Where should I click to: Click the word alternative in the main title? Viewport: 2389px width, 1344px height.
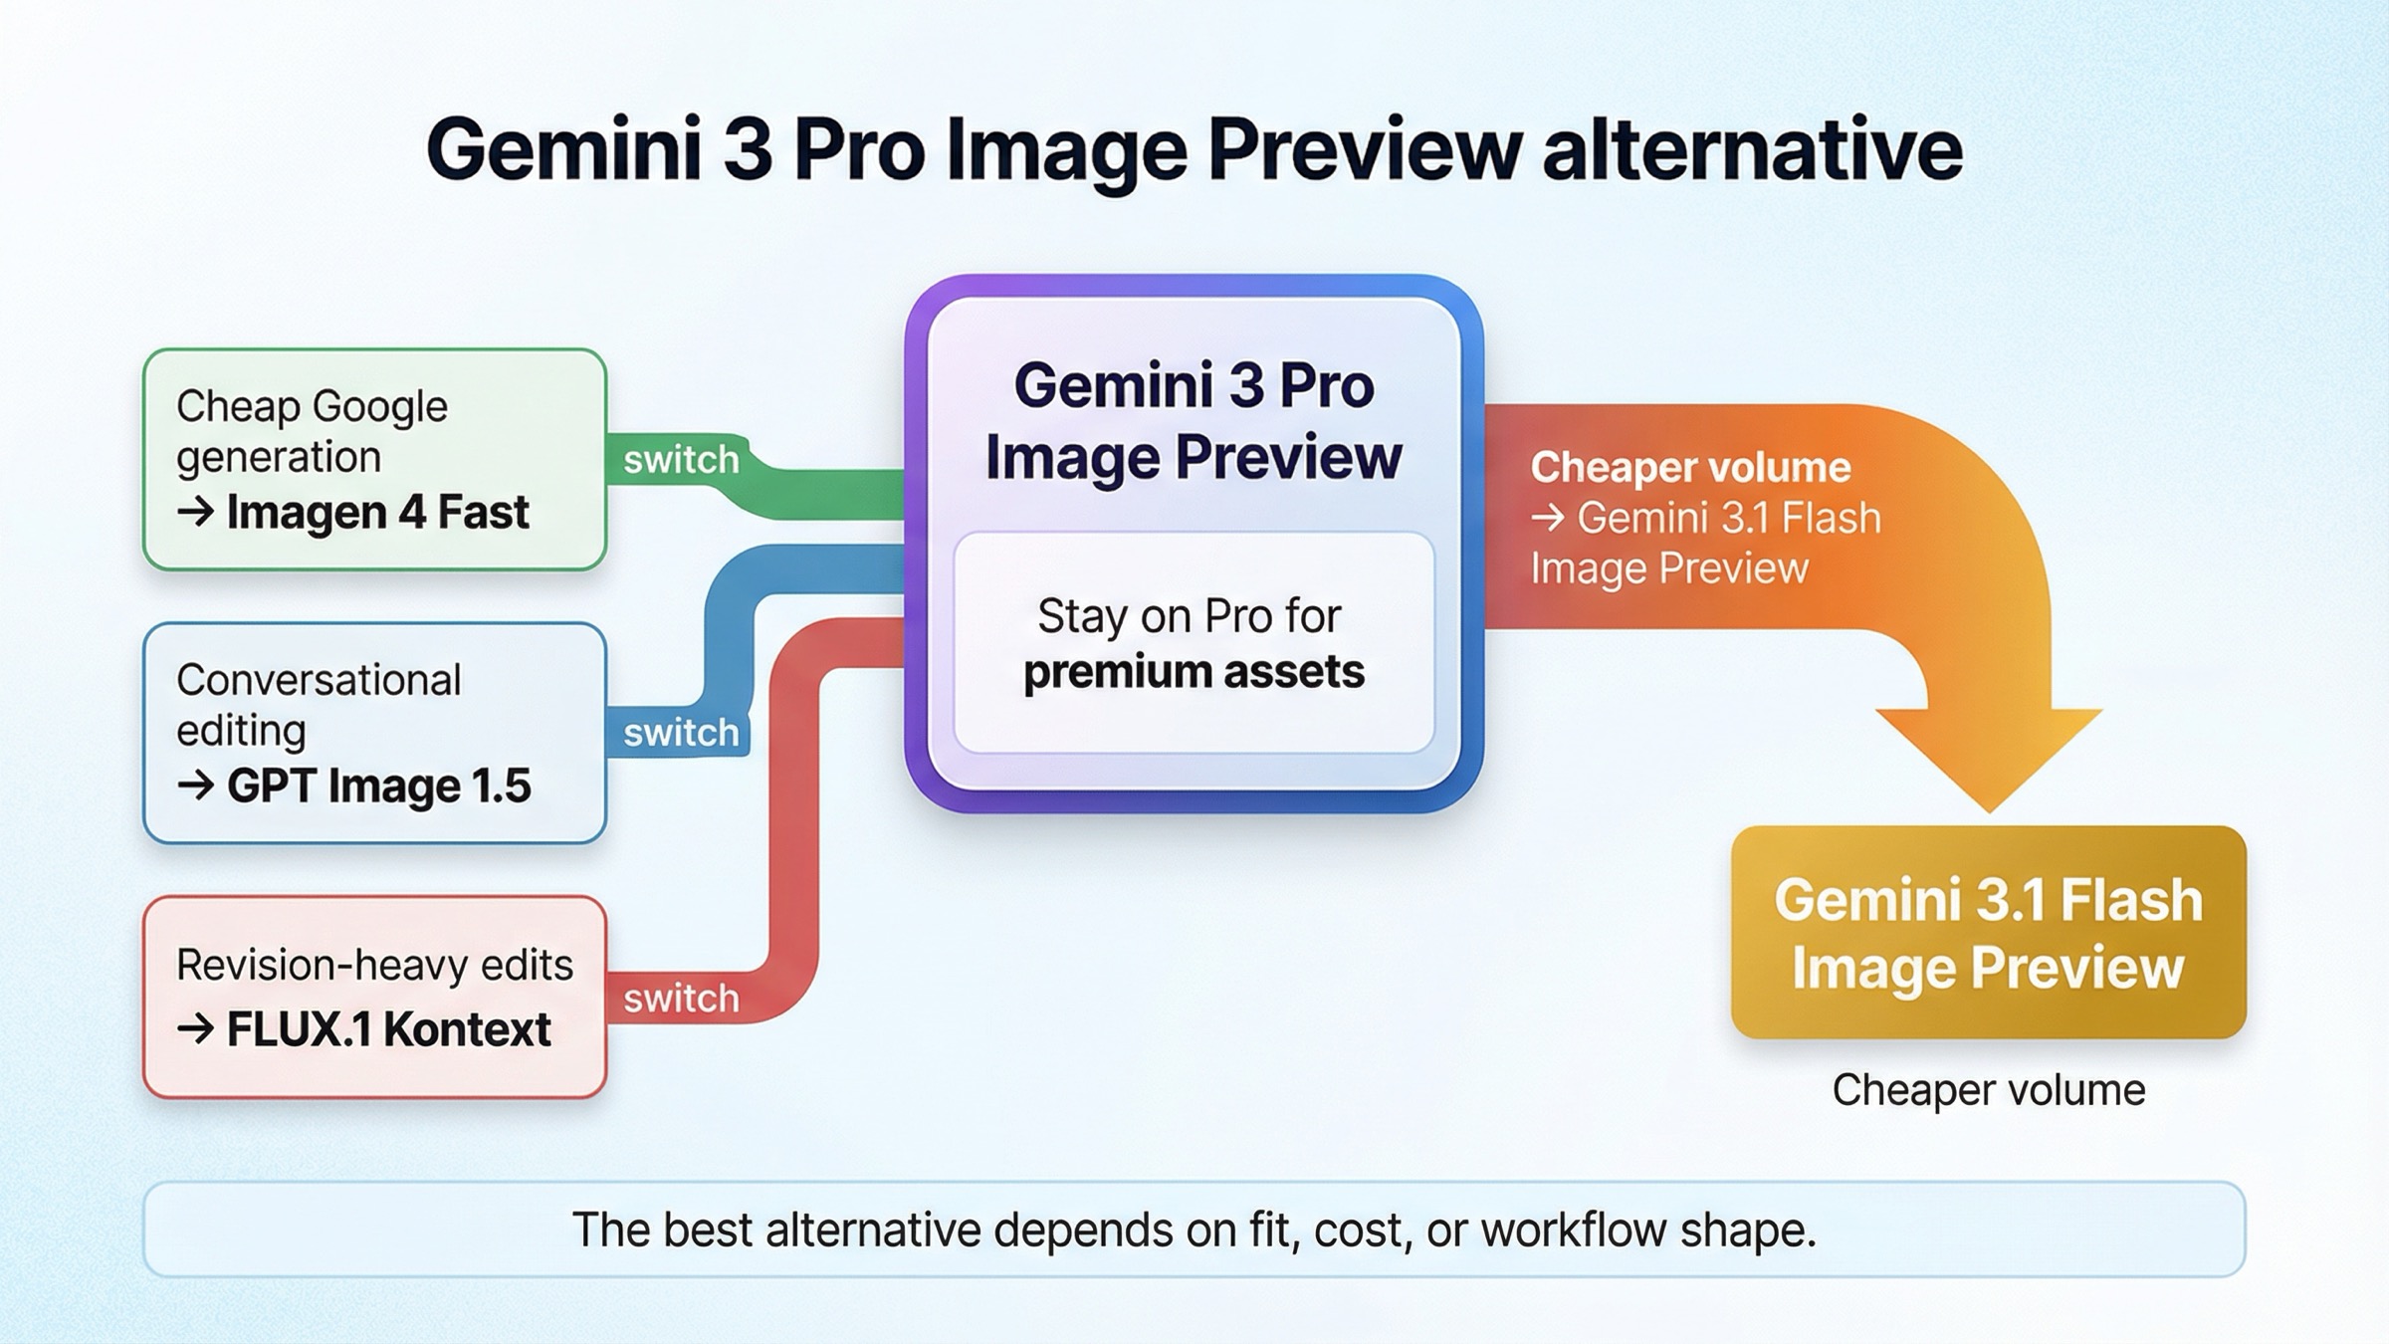click(1752, 149)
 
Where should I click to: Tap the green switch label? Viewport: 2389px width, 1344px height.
click(681, 460)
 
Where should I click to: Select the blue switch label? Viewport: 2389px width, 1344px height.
click(681, 734)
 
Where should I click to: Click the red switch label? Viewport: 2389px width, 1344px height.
click(681, 999)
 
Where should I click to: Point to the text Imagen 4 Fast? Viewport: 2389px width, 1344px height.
click(377, 513)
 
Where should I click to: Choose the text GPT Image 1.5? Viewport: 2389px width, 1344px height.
click(378, 785)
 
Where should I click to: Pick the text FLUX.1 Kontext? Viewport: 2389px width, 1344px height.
click(388, 1029)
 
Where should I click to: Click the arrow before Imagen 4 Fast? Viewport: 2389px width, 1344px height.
click(195, 513)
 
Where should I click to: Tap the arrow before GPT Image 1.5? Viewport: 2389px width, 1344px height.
click(195, 785)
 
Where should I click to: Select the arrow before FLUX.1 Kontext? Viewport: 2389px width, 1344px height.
click(195, 1029)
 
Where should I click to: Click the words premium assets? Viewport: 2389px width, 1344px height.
click(1194, 671)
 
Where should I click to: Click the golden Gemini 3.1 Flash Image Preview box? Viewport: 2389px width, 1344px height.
click(1988, 933)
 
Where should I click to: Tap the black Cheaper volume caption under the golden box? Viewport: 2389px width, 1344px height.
click(1988, 1090)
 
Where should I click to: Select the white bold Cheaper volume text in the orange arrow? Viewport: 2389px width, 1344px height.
click(1690, 468)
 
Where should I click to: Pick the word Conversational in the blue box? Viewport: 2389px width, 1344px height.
click(319, 681)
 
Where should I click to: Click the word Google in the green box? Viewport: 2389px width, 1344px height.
click(379, 406)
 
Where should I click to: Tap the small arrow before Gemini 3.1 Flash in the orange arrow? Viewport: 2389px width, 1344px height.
click(1548, 519)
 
